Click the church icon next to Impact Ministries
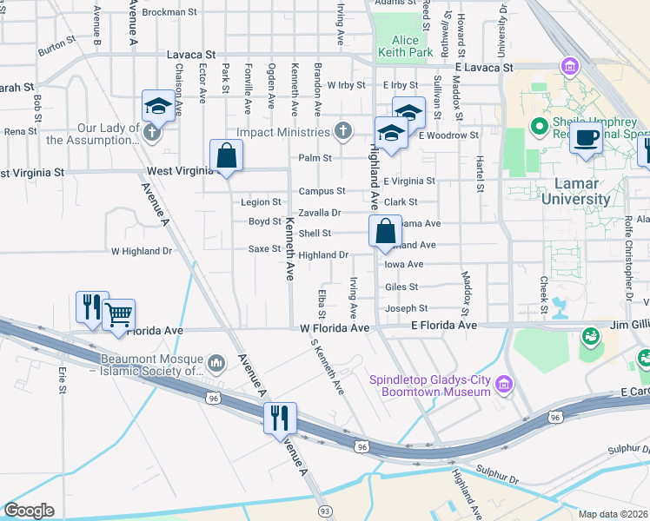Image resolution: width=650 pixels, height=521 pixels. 343,131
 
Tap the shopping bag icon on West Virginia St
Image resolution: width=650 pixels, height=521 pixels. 226,156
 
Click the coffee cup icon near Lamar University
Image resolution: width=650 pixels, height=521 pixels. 587,137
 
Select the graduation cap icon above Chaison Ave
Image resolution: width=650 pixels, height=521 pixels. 158,106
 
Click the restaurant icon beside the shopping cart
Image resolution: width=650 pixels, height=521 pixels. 91,306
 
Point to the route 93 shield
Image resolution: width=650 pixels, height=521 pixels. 324,511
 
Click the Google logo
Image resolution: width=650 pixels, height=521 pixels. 28,511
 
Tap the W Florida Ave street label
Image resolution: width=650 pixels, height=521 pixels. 335,328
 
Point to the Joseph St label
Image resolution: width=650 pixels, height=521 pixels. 406,308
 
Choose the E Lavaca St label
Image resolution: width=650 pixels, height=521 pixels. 484,66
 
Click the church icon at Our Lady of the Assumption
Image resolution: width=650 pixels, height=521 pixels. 152,132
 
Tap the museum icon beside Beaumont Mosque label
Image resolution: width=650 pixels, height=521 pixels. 216,360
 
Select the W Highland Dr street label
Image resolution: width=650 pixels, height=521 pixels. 142,251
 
